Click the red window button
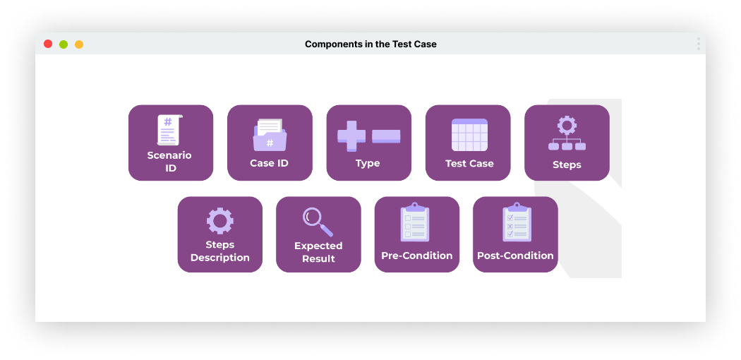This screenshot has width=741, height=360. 48,44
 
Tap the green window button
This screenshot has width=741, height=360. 64,44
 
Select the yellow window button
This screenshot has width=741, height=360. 79,44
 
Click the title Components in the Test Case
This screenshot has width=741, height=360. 370,44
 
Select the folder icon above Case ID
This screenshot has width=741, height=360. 270,135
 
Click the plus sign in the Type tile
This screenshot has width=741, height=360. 351,136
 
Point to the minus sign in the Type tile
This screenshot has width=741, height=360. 386,136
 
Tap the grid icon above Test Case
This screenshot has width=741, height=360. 469,135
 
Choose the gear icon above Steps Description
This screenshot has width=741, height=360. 219,221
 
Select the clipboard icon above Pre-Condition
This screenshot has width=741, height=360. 415,222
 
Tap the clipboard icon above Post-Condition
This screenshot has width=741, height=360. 516,222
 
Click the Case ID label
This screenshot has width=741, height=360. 270,163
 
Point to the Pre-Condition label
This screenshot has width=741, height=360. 417,256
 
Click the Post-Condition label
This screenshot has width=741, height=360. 515,256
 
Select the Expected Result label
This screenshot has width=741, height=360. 318,252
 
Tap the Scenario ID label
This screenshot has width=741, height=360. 169,162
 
